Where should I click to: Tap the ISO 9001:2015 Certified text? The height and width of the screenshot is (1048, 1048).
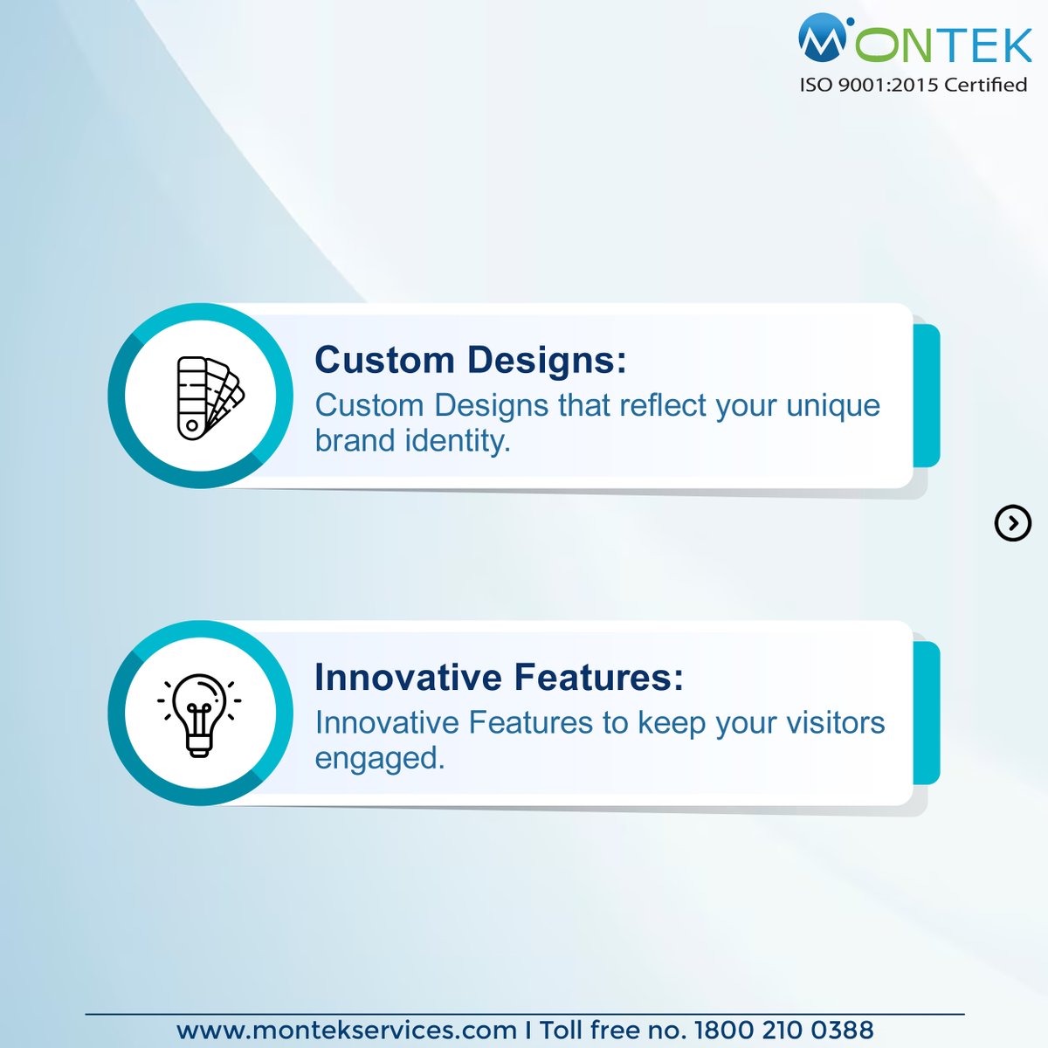(913, 85)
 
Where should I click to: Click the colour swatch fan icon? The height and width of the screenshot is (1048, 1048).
(208, 397)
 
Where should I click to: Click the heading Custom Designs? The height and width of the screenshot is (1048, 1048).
(470, 360)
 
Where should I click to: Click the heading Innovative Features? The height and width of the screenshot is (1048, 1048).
(499, 677)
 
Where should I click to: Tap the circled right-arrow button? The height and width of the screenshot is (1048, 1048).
(1012, 523)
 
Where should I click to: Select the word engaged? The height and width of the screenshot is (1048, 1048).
(380, 758)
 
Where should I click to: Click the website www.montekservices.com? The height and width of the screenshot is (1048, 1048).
(346, 1030)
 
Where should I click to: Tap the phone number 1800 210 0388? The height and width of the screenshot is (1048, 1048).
(783, 1030)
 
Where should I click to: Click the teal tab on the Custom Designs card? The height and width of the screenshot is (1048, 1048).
(927, 396)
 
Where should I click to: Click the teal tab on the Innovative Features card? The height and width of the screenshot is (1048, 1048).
(927, 713)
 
